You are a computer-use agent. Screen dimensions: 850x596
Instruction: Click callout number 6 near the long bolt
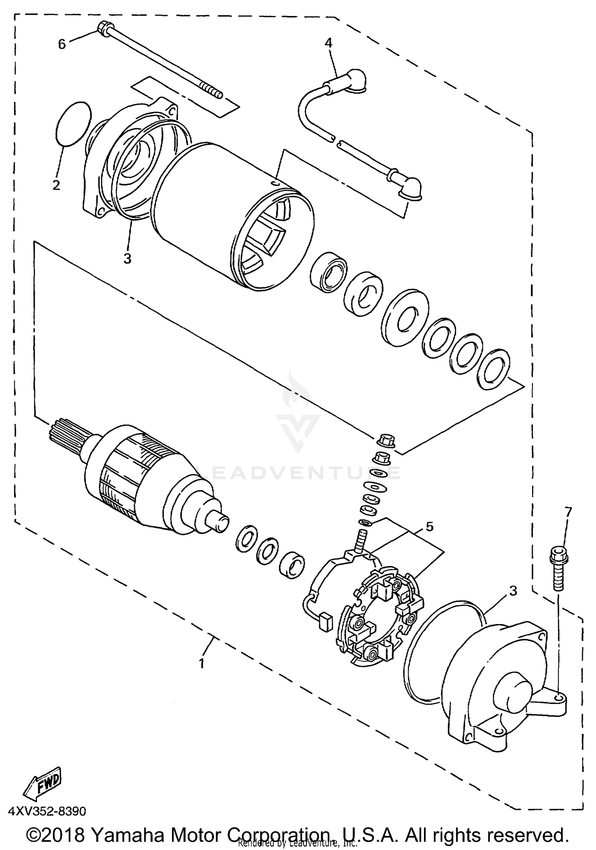[62, 44]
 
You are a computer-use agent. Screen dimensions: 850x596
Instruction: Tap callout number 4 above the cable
[328, 42]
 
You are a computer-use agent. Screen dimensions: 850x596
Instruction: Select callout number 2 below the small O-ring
[56, 185]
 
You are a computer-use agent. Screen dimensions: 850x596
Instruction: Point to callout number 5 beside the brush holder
[430, 527]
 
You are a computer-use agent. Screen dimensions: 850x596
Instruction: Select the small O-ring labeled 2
[72, 123]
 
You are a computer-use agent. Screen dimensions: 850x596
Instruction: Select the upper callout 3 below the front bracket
[127, 258]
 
